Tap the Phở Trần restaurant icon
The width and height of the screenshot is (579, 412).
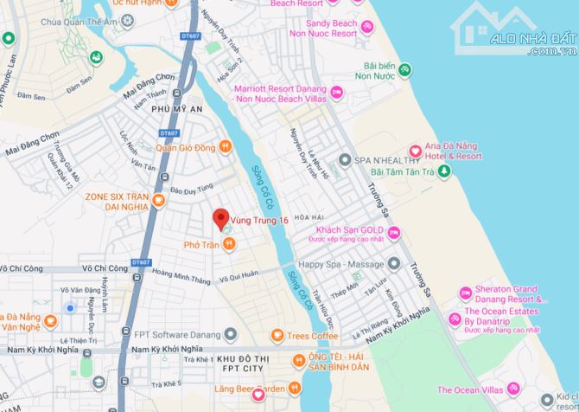229,245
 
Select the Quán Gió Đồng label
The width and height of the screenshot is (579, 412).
186,146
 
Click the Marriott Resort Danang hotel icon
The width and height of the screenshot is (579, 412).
337,93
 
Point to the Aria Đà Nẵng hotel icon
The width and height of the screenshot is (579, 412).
415,152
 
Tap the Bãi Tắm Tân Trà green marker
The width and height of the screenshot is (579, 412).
443,171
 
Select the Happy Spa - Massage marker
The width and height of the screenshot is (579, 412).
394,263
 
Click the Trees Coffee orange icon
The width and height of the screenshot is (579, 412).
277,335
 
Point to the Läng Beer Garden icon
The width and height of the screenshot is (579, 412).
258,395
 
